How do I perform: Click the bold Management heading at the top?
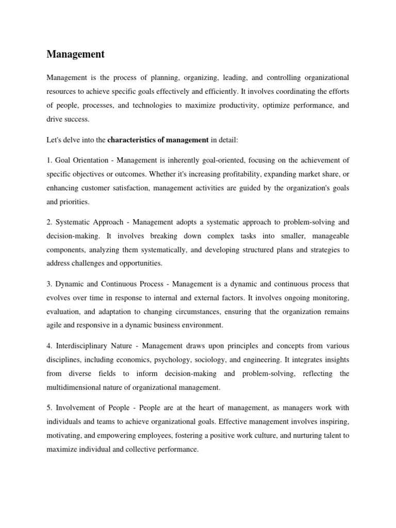(x=75, y=54)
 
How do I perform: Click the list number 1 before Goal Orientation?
(x=48, y=161)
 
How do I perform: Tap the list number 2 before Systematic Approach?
(x=48, y=223)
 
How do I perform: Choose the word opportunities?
(x=140, y=263)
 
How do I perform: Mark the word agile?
(x=55, y=325)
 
